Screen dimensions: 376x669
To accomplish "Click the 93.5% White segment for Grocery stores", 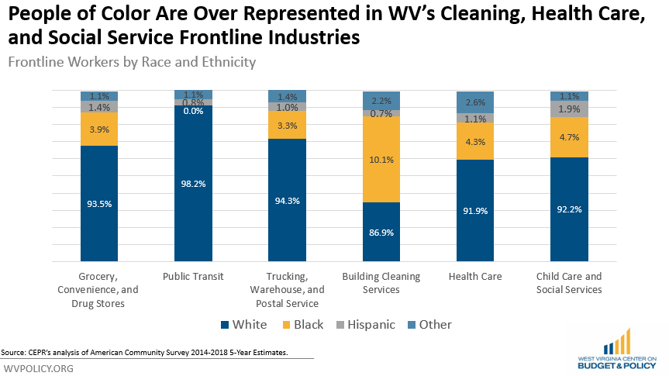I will pyautogui.click(x=99, y=203).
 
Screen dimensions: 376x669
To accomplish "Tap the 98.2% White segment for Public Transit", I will pyautogui.click(x=193, y=184).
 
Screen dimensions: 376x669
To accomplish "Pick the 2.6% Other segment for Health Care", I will pyautogui.click(x=475, y=102).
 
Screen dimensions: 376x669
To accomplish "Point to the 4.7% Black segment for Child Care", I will pyautogui.click(x=569, y=137).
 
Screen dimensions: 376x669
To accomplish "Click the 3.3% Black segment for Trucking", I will pyautogui.click(x=287, y=125).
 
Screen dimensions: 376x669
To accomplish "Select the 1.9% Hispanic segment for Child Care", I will pyautogui.click(x=569, y=109).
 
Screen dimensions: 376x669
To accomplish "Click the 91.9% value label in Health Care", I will pyautogui.click(x=475, y=211).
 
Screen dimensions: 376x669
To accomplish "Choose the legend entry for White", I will pyautogui.click(x=244, y=325).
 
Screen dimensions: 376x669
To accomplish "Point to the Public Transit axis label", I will pyautogui.click(x=193, y=276).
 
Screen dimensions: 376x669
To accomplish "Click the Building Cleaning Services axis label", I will pyautogui.click(x=381, y=283).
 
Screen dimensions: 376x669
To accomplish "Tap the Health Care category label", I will pyautogui.click(x=475, y=276).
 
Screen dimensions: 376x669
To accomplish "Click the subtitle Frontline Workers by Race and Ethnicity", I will pyautogui.click(x=132, y=62).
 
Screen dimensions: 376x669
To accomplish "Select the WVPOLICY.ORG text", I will pyautogui.click(x=39, y=368).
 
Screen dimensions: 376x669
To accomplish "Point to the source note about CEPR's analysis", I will pyautogui.click(x=145, y=353).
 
